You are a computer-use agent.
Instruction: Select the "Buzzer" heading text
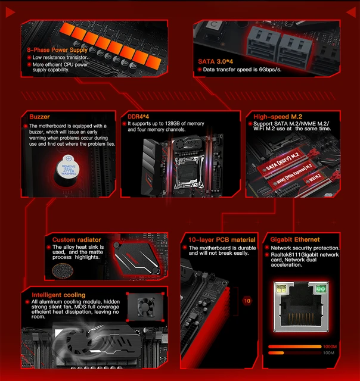(x=39, y=117)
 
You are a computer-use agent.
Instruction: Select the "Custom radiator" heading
(x=72, y=239)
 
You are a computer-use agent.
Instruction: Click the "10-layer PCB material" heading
(x=222, y=239)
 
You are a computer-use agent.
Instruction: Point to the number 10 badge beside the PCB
(x=247, y=301)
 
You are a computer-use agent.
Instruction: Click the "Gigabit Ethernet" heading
(x=299, y=239)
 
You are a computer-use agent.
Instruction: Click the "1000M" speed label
(x=329, y=346)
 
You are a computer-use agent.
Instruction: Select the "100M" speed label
(x=329, y=354)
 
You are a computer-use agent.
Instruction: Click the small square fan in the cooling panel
(x=147, y=307)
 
